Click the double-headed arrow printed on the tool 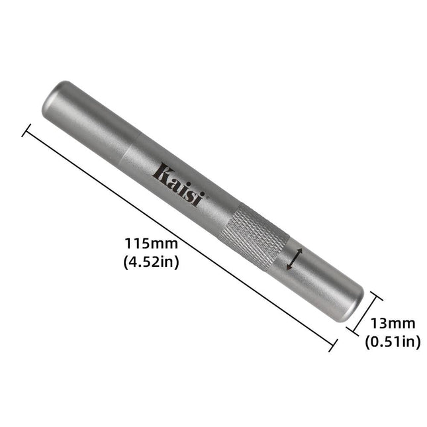293,258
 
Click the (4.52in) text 151,262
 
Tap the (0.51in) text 392,341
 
